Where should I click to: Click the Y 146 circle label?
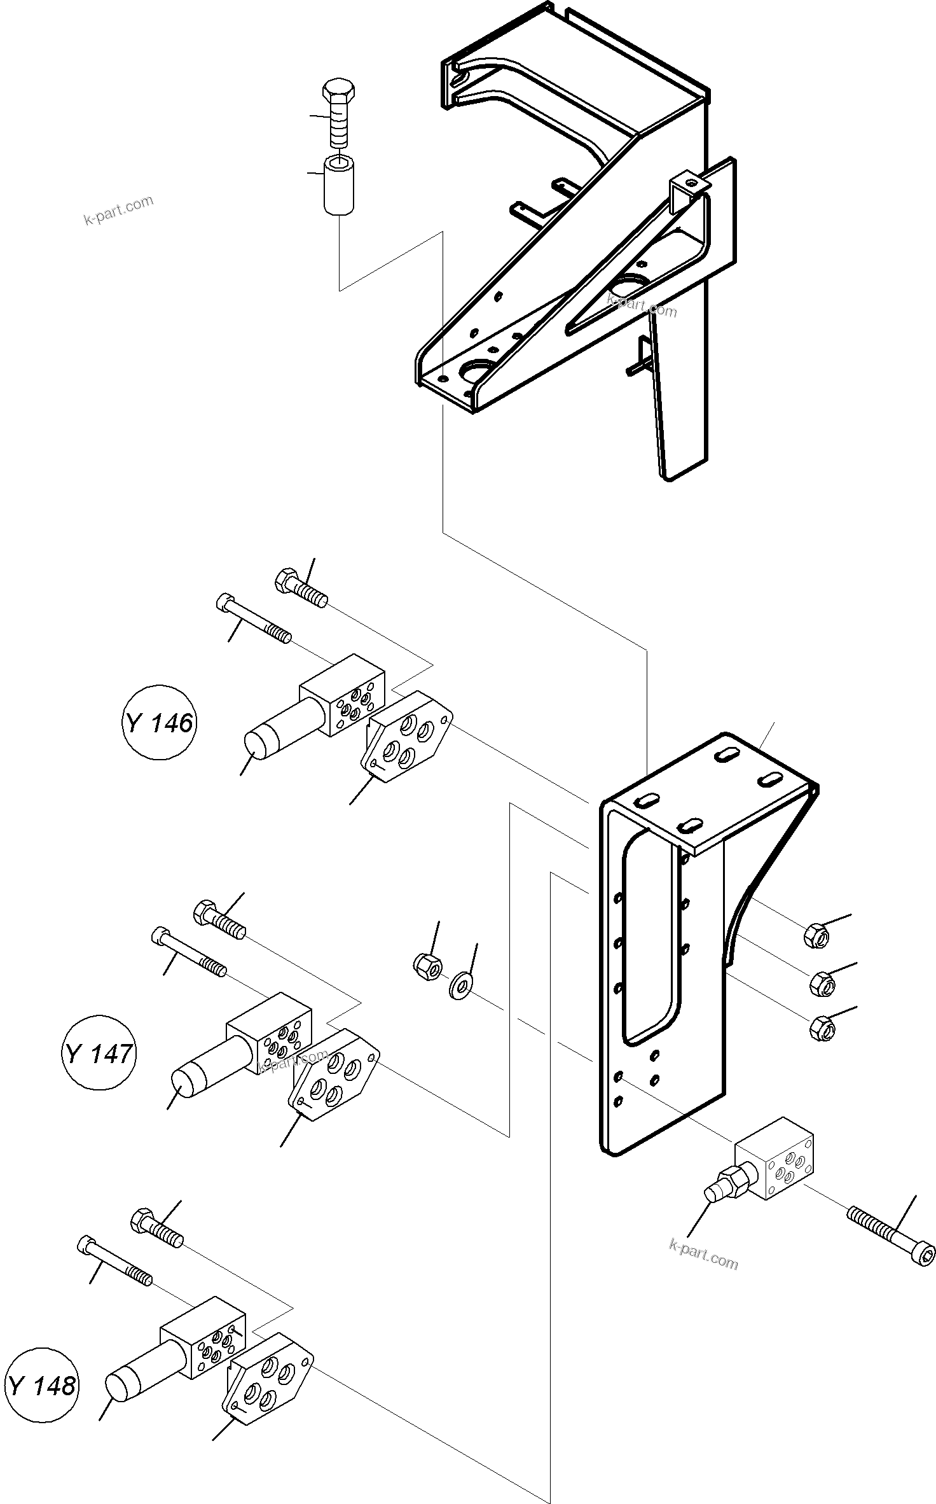159,722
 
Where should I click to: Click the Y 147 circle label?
99,1054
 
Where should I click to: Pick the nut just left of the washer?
428,966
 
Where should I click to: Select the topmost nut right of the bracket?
816,936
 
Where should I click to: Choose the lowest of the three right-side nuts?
822,1027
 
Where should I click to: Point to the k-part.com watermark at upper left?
119,211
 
